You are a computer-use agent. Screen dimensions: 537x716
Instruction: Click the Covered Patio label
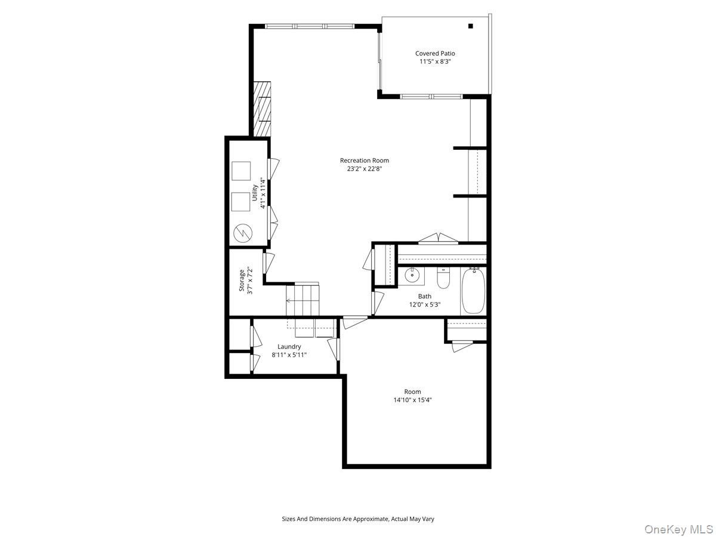pos(435,54)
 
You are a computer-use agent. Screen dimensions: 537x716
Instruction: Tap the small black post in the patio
pos(470,26)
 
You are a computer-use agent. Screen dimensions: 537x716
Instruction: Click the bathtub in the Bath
pos(474,291)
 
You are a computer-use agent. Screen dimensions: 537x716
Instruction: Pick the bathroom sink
pos(411,276)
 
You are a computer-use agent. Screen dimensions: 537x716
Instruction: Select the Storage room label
pos(242,280)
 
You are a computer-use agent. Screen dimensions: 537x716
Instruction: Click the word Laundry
pos(289,347)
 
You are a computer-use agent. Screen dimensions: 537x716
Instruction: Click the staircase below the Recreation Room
pos(303,300)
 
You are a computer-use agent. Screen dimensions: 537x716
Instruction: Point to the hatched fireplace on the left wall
pos(261,109)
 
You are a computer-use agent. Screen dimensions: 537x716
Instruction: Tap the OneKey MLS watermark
pos(685,529)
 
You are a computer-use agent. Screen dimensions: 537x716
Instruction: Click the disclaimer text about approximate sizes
pos(358,519)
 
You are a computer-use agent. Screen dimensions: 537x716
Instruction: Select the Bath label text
pos(424,296)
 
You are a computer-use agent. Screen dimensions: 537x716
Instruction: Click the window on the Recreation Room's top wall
pos(310,26)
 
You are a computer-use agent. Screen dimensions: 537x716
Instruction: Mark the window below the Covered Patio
pos(431,96)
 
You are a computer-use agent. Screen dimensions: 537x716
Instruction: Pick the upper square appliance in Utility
pos(242,171)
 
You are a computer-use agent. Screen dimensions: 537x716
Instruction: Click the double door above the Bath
pos(439,240)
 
